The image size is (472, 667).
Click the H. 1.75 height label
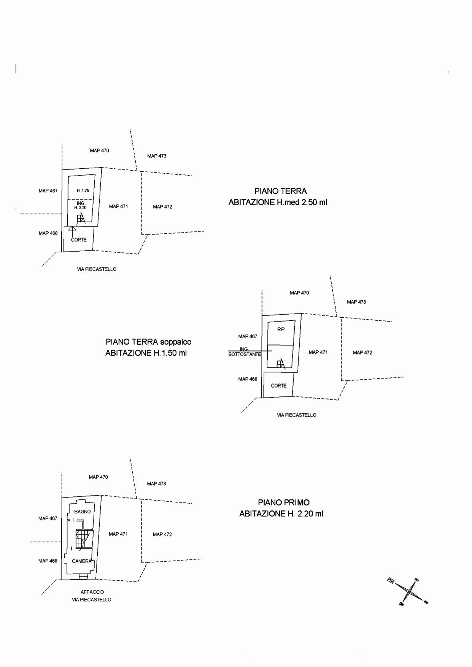coord(83,190)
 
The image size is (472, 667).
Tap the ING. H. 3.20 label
coord(80,206)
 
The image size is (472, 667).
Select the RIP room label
coord(281,329)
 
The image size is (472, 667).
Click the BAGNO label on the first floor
coord(83,512)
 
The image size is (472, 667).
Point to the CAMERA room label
coord(82,561)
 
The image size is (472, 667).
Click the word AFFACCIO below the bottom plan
coord(92,592)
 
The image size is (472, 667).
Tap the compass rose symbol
coord(408,591)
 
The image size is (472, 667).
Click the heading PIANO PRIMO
coord(284,502)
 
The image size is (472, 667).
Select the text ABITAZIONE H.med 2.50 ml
coord(278,202)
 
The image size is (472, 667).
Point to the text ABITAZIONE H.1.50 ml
coord(146,353)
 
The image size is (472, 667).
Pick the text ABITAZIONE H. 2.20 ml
coord(281,514)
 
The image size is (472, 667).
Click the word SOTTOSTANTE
coord(245,354)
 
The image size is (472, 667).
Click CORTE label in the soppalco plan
coord(278,385)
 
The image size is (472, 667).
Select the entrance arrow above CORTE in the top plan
coord(72,229)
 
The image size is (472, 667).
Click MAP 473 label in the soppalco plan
coord(356,302)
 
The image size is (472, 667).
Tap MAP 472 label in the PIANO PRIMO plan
coord(162,534)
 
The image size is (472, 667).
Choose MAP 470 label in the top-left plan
coord(99,151)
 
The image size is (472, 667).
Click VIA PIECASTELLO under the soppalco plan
coord(296,415)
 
